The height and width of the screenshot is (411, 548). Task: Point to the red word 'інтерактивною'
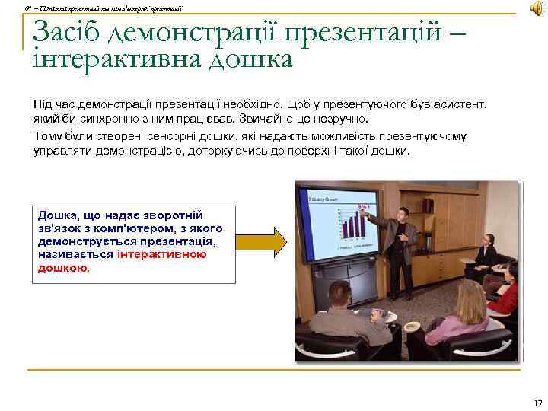[162, 255]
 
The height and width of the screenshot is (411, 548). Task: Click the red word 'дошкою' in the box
[62, 268]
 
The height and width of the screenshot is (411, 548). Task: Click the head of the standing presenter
[403, 214]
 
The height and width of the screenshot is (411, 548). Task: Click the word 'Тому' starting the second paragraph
[46, 136]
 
